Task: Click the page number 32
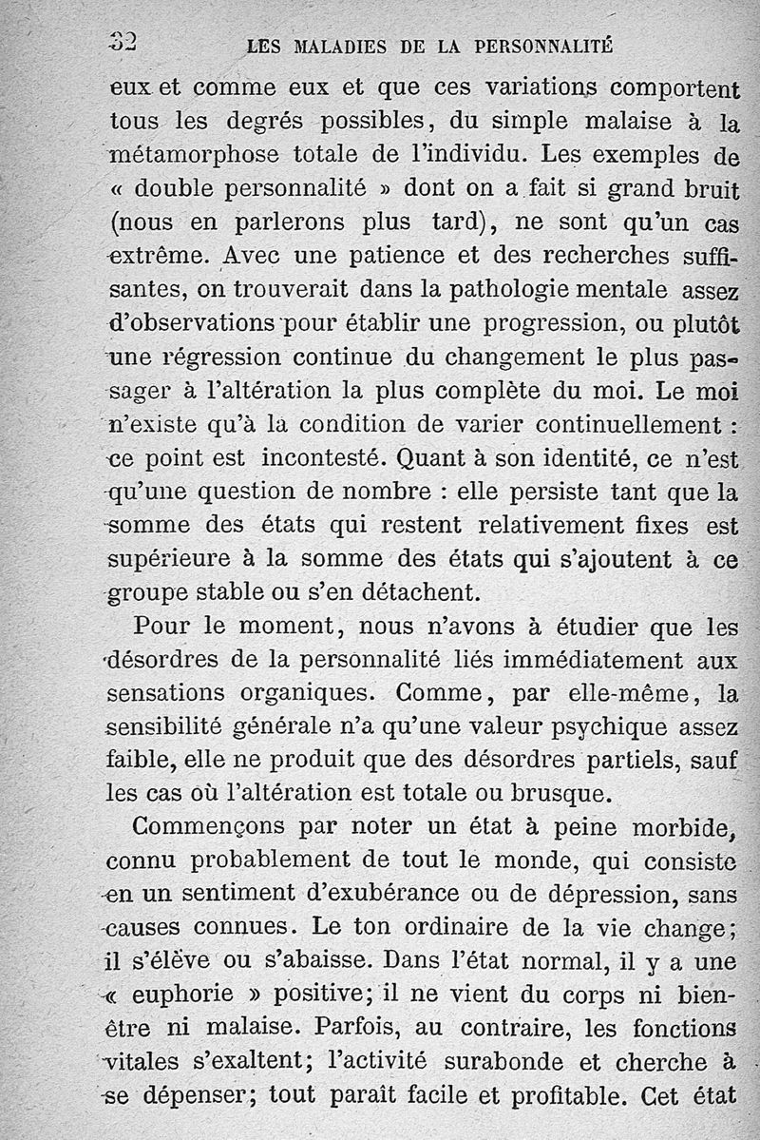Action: pyautogui.click(x=123, y=43)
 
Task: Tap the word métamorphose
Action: pyautogui.click(x=195, y=155)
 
